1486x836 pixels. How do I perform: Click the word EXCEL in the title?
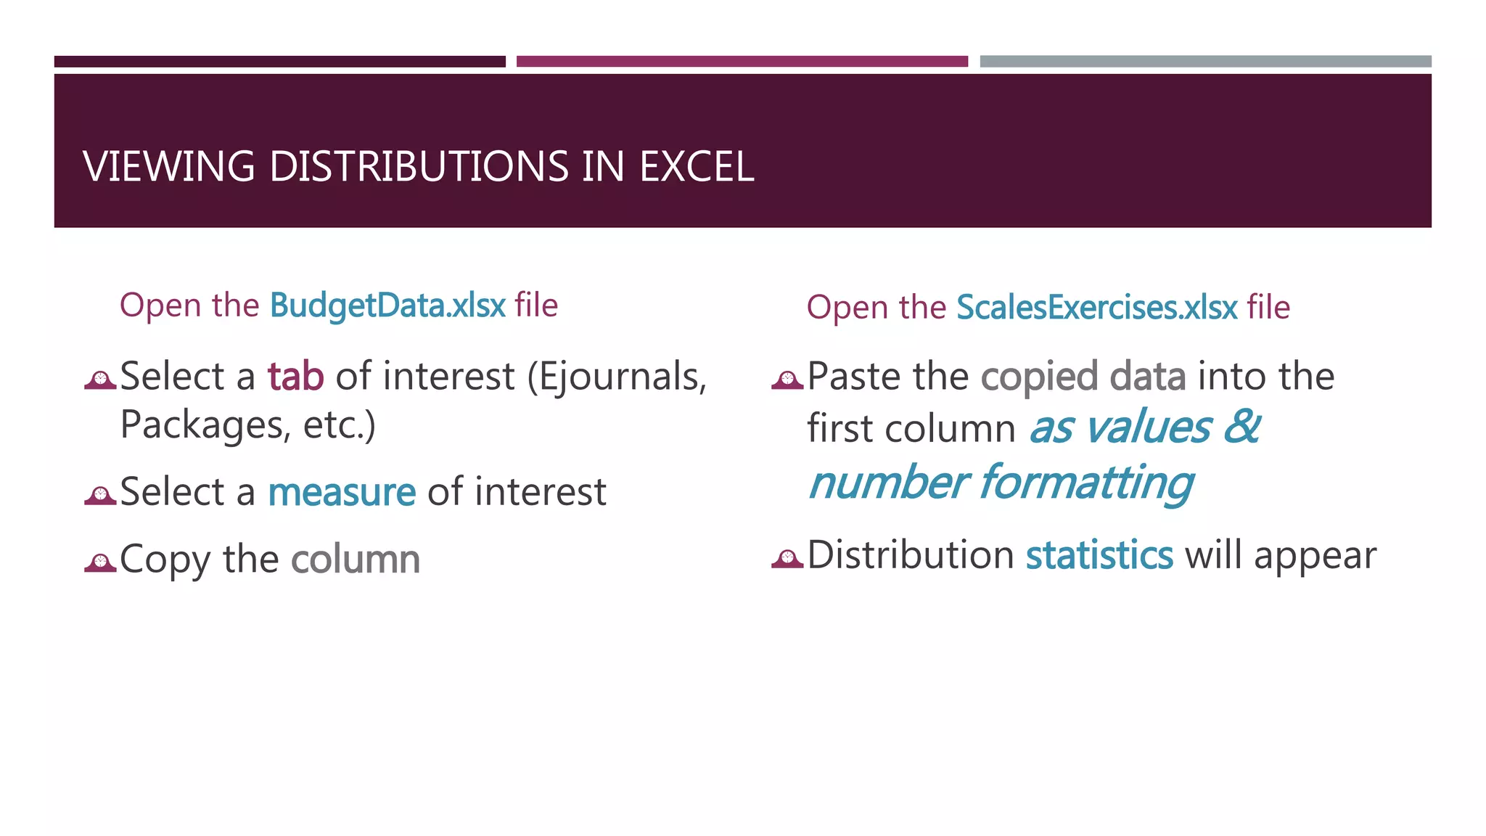coord(696,166)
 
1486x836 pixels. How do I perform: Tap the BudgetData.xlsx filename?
coord(387,306)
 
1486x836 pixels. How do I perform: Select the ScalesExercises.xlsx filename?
coord(1096,308)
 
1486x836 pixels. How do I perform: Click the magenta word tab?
coord(295,377)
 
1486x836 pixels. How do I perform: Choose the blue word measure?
coord(342,492)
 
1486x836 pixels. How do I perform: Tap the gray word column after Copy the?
coord(356,560)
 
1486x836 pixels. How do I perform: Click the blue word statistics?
coord(1099,555)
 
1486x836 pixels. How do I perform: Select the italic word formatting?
coord(1086,483)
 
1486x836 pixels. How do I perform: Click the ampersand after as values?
coord(1241,427)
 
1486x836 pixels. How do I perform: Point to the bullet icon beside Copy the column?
coord(100,562)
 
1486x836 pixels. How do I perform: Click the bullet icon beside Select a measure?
coord(100,495)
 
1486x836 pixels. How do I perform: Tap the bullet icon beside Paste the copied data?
coord(787,379)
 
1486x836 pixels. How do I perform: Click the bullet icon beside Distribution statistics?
coord(787,558)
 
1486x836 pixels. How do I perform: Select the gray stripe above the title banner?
coord(1205,62)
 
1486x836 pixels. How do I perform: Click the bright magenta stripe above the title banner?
coord(742,62)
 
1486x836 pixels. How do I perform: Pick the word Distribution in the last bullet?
coord(910,555)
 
